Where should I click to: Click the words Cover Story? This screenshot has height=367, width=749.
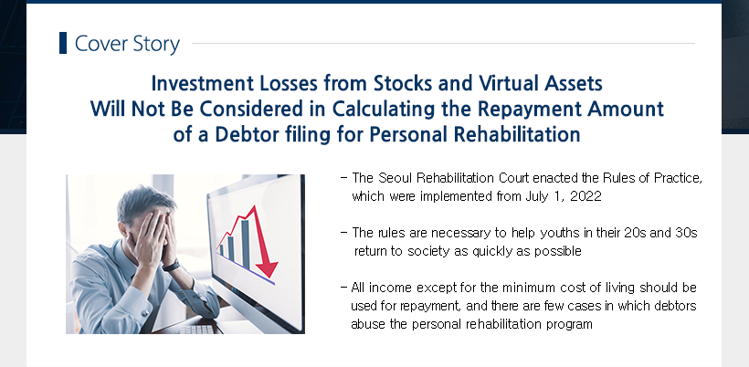pyautogui.click(x=127, y=44)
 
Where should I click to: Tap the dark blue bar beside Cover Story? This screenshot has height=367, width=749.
pyautogui.click(x=63, y=43)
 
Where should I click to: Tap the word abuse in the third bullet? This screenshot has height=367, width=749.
pyautogui.click(x=365, y=324)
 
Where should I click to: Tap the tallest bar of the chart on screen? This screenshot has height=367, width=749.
pyautogui.click(x=245, y=244)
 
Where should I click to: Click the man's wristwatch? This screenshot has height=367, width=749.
pyautogui.click(x=171, y=266)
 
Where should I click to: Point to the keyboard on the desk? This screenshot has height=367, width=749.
pyautogui.click(x=196, y=330)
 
